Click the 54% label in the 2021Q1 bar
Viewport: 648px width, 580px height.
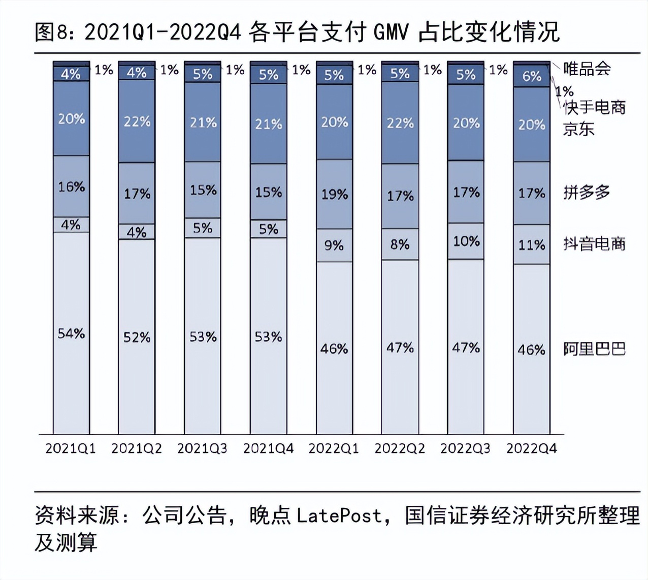point(71,334)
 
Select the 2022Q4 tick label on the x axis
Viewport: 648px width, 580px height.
point(531,448)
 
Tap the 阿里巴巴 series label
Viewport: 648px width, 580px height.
point(594,349)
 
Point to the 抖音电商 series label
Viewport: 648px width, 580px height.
point(594,244)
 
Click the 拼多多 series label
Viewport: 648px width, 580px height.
point(587,192)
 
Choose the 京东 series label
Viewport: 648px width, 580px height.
point(578,129)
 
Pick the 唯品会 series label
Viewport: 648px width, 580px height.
point(587,69)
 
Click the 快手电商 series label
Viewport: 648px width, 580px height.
point(594,107)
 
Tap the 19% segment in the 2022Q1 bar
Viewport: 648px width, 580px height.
point(334,194)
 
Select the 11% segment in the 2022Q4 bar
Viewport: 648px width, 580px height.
point(531,245)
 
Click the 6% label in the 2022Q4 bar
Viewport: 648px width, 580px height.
point(531,76)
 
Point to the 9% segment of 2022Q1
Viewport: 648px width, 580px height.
point(334,245)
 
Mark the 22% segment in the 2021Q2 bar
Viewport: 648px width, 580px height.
point(137,122)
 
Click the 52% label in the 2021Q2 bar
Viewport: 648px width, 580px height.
point(137,337)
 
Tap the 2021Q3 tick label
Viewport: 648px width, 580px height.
point(202,448)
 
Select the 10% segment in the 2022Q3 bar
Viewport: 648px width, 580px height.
point(466,241)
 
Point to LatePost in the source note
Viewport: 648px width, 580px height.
point(339,515)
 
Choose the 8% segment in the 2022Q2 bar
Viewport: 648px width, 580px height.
point(400,244)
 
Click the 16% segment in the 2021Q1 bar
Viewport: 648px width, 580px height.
point(71,186)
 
